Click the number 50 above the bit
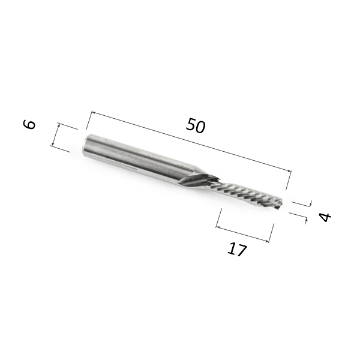[x=196, y=127]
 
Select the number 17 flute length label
[x=237, y=249]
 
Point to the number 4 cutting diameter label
[x=325, y=217]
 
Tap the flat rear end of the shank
[x=85, y=143]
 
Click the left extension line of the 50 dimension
[x=88, y=121]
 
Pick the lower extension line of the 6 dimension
[x=61, y=148]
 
